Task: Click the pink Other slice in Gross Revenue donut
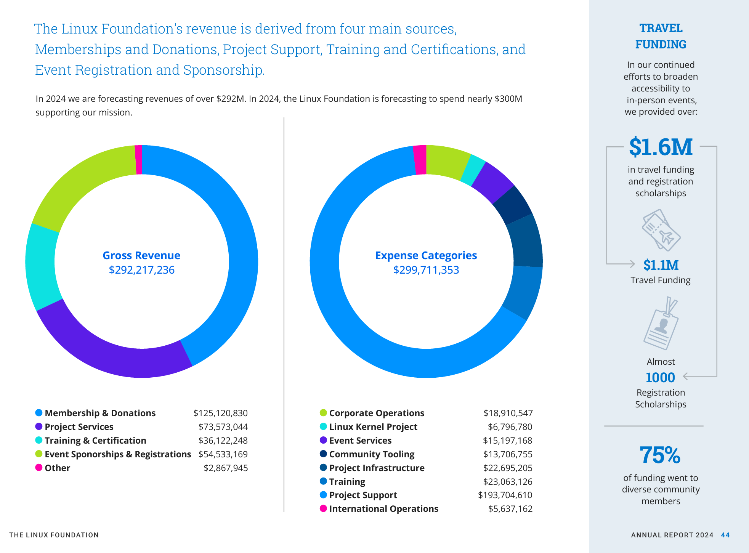138,160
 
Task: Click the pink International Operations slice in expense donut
420,160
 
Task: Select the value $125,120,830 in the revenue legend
220,413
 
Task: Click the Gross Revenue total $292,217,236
142,270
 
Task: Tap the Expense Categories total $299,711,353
426,270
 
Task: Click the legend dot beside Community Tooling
323,454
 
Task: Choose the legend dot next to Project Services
39,426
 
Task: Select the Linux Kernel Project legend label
373,427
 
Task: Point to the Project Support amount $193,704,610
505,495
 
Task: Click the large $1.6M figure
661,147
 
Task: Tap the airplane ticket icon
661,230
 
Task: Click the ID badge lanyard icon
661,324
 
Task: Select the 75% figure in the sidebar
660,455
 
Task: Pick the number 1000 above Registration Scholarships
660,378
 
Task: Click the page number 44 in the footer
725,535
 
